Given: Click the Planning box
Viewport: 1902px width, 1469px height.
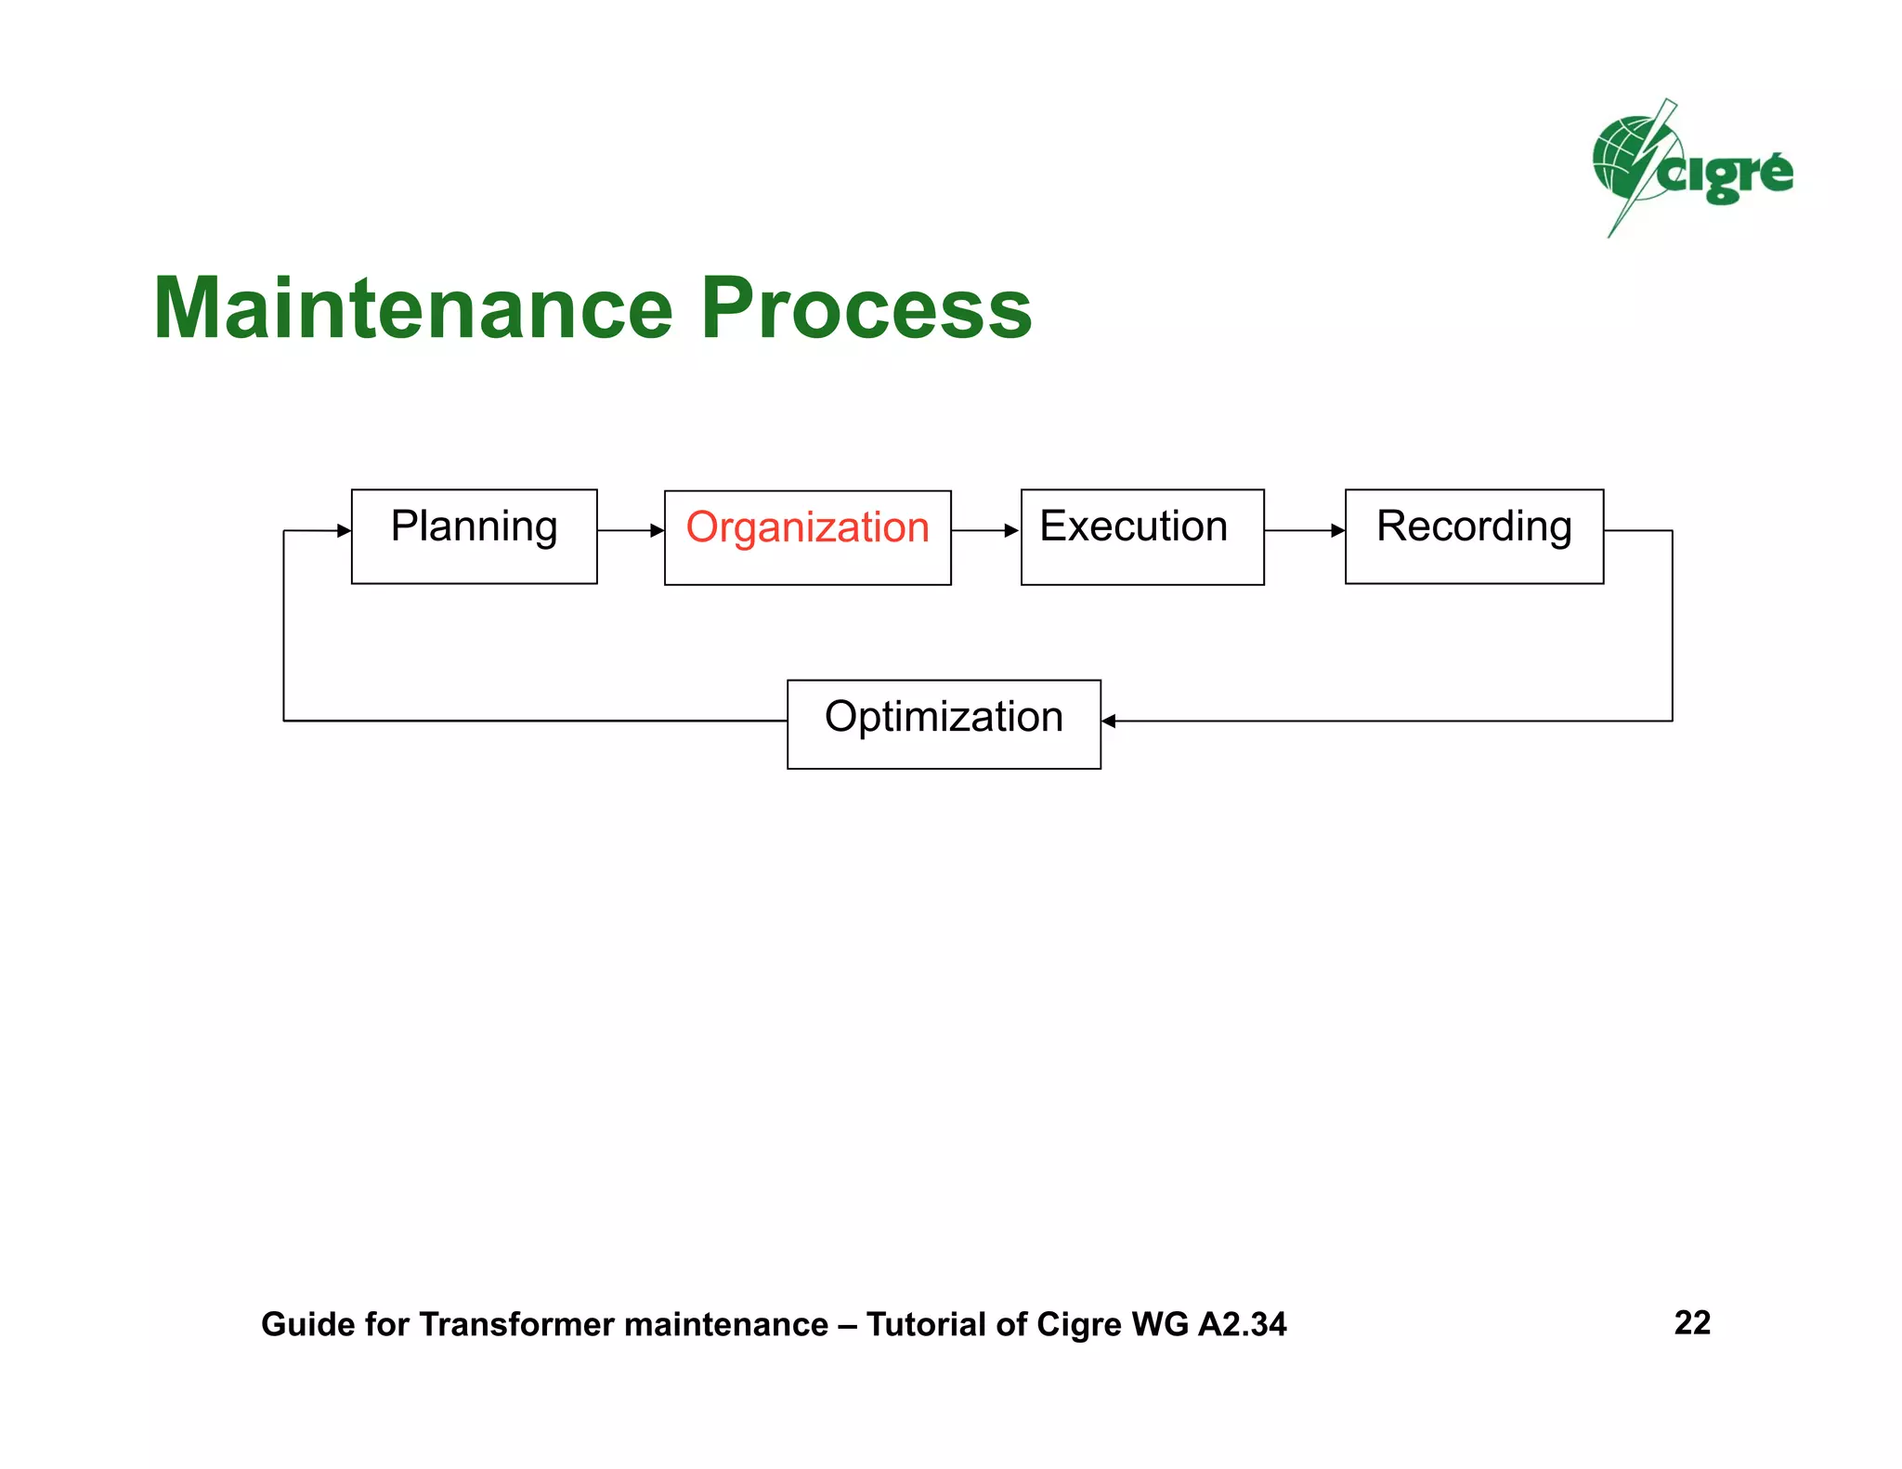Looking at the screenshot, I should tap(474, 536).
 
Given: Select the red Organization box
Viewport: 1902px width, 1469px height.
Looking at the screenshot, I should tap(807, 537).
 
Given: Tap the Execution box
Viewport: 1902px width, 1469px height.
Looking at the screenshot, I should tap(1141, 537).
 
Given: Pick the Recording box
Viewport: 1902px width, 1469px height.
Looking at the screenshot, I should tap(1474, 536).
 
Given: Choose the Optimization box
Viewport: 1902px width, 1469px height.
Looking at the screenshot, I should tap(944, 723).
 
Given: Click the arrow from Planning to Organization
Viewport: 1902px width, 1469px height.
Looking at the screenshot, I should tap(631, 530).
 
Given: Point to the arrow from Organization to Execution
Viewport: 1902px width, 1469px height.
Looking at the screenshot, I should tap(985, 530).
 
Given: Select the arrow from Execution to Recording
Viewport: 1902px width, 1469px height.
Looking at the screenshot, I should tap(1304, 530).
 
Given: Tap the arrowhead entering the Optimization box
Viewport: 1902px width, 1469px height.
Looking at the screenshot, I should tap(1109, 721).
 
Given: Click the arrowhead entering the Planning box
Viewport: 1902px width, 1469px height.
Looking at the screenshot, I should tap(344, 530).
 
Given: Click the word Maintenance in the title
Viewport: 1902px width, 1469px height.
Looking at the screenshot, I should tap(412, 308).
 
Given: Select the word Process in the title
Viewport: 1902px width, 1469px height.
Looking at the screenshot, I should tap(866, 308).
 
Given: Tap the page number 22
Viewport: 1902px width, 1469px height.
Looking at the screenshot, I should tap(1692, 1322).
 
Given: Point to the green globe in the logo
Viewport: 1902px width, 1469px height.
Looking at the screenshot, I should tap(1621, 158).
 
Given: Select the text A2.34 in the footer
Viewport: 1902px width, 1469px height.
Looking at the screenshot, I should tap(1242, 1324).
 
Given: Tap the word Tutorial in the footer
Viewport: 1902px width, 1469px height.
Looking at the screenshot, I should tap(925, 1324).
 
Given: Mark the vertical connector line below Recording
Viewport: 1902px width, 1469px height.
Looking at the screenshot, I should tap(1672, 627).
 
